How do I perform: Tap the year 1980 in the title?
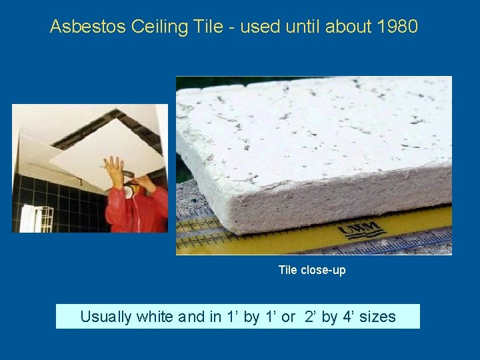tap(397, 27)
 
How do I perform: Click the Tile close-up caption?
tap(312, 270)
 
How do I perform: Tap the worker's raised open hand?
tap(114, 169)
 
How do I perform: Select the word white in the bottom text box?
tap(156, 317)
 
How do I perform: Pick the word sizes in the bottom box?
tap(377, 317)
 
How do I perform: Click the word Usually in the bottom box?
tap(106, 317)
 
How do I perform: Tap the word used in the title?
tap(255, 27)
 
